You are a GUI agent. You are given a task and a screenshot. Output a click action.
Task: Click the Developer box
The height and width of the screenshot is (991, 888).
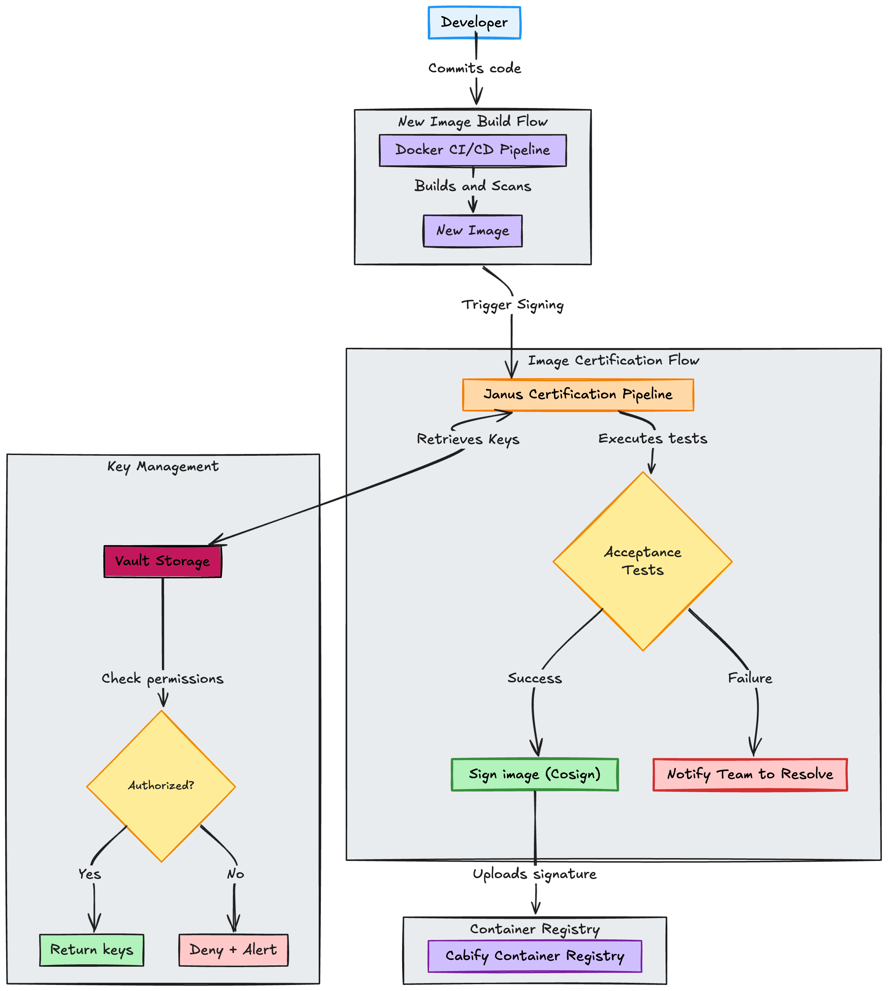point(474,22)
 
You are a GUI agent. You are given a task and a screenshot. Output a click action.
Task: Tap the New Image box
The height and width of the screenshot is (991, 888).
point(472,231)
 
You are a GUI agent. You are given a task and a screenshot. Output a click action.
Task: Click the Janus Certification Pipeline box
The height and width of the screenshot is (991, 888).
point(578,394)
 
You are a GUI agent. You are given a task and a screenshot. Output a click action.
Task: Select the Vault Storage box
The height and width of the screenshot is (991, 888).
point(163,561)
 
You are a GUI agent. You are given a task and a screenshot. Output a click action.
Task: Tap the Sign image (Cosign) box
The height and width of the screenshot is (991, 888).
point(534,774)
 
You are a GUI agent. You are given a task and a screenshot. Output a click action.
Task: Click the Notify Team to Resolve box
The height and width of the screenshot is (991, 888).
point(750,774)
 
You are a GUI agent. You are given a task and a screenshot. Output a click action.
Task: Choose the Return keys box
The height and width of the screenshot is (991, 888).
point(92,950)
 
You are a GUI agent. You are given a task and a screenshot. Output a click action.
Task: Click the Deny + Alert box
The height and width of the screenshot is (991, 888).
point(233,950)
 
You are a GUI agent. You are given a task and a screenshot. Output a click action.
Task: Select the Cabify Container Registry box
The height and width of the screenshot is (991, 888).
point(534,956)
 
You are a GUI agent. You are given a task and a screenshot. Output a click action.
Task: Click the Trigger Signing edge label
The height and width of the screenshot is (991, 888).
point(512,305)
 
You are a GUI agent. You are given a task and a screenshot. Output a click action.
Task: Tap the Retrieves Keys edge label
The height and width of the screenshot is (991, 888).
point(468,439)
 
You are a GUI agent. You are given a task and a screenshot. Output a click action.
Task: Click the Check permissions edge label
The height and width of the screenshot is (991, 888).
point(163,678)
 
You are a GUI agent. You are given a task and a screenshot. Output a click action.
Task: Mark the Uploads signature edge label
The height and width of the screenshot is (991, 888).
point(534,874)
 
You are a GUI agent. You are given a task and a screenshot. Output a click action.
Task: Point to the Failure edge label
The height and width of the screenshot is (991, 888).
point(750,678)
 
